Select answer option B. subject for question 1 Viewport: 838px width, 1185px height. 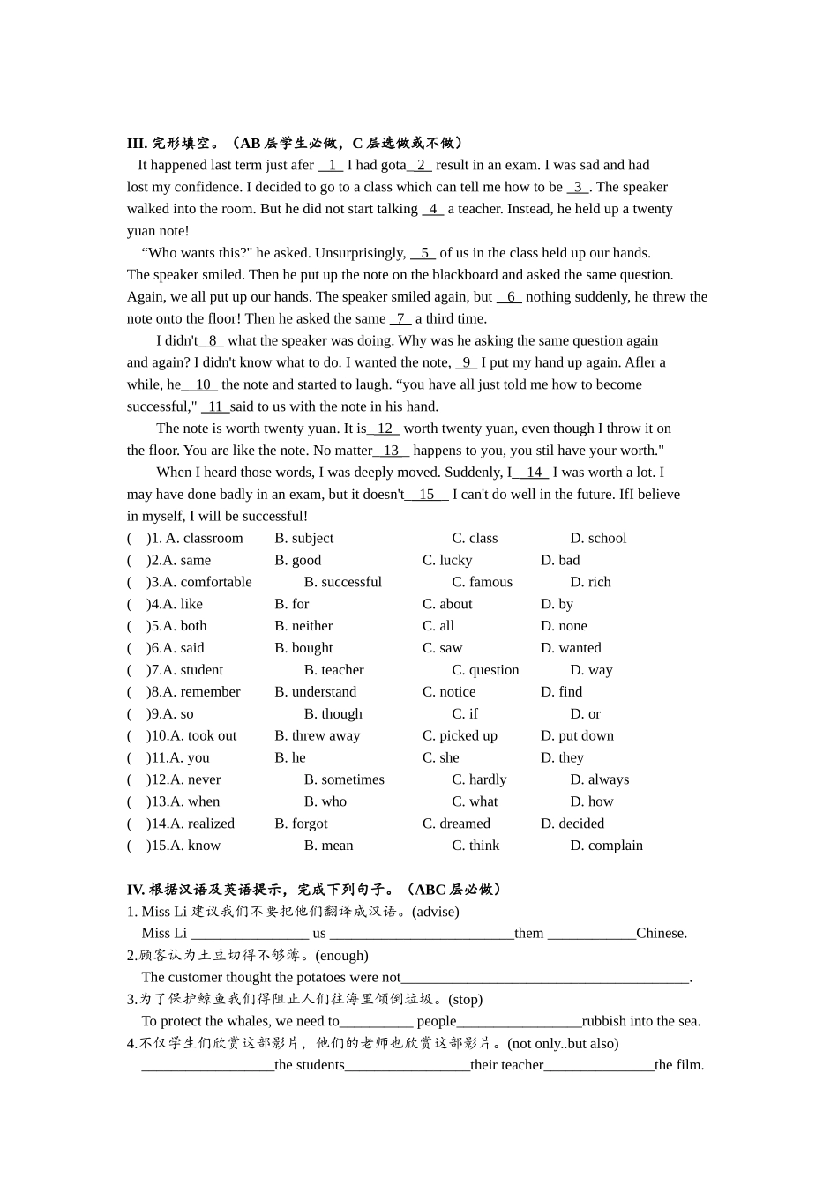click(303, 538)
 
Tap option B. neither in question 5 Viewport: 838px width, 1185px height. click(303, 626)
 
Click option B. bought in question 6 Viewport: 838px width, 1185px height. click(303, 648)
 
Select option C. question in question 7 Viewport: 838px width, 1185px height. click(485, 670)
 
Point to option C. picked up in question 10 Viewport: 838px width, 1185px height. click(460, 735)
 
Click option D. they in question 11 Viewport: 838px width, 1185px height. click(562, 757)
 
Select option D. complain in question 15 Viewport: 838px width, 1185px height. click(606, 846)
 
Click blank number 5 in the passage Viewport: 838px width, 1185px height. click(423, 253)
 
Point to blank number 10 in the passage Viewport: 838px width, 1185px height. click(202, 384)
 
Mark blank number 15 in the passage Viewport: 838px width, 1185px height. click(427, 495)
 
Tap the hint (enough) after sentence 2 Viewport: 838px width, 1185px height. click(341, 956)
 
